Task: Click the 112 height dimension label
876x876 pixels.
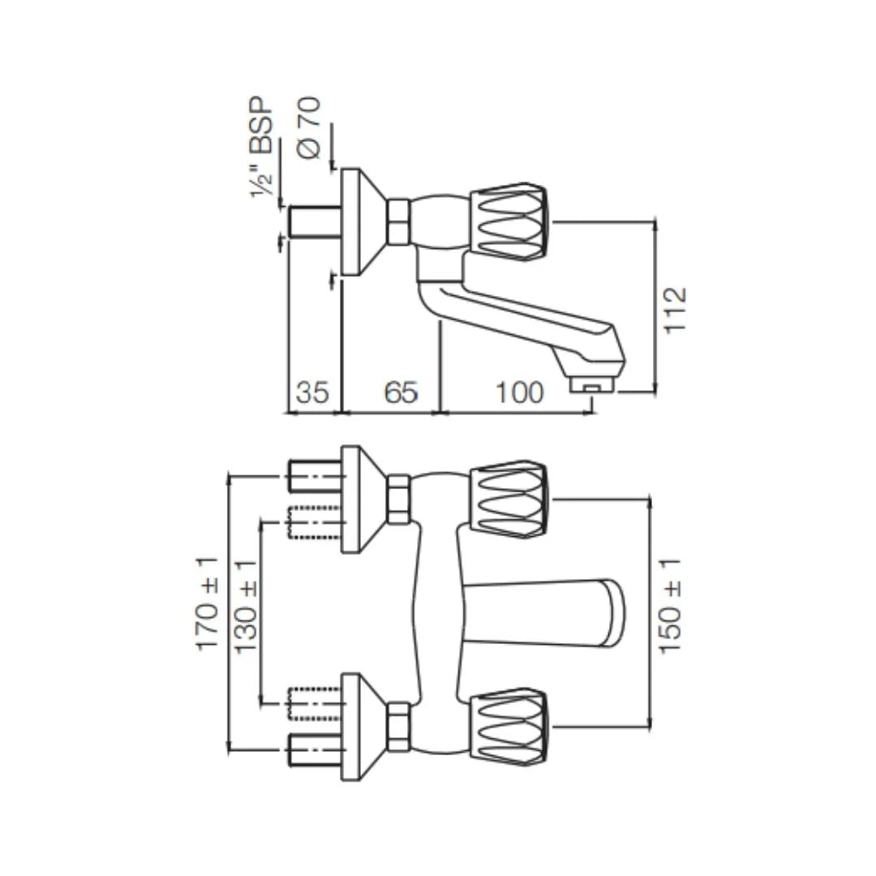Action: [x=675, y=309]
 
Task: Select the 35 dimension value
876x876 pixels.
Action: [x=312, y=393]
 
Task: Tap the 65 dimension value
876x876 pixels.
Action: [x=401, y=393]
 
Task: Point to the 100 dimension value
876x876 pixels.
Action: [x=519, y=393]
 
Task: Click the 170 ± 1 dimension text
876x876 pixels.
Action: [x=208, y=603]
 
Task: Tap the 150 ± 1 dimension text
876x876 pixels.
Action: [x=672, y=607]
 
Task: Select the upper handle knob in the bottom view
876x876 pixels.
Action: [x=509, y=500]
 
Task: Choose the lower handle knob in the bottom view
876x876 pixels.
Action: [x=509, y=728]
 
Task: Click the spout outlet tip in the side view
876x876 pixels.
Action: [x=594, y=384]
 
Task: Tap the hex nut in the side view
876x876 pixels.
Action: [x=398, y=222]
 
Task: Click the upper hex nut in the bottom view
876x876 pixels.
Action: [x=398, y=499]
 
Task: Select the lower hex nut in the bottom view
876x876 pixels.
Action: [x=398, y=727]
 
